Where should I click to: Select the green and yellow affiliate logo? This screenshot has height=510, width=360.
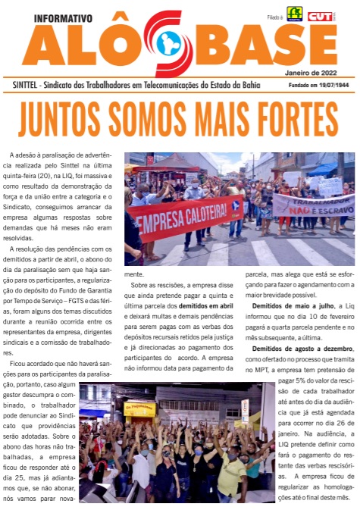coord(294,14)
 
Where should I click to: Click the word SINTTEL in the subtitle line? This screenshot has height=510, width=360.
coord(29,84)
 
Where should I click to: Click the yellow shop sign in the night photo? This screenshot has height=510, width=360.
coord(140,409)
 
